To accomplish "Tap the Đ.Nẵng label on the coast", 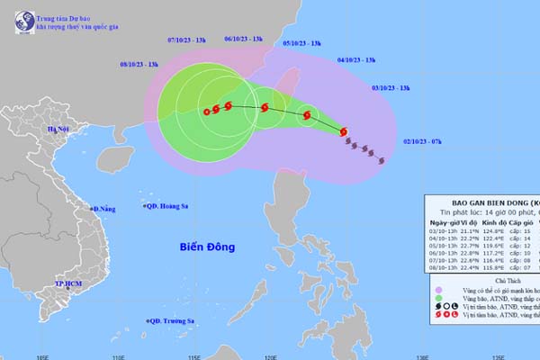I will coord(103,209).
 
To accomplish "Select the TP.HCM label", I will coord(67,283).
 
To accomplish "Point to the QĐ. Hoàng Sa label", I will coord(167,206).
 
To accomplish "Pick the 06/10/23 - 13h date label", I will coord(243,40).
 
